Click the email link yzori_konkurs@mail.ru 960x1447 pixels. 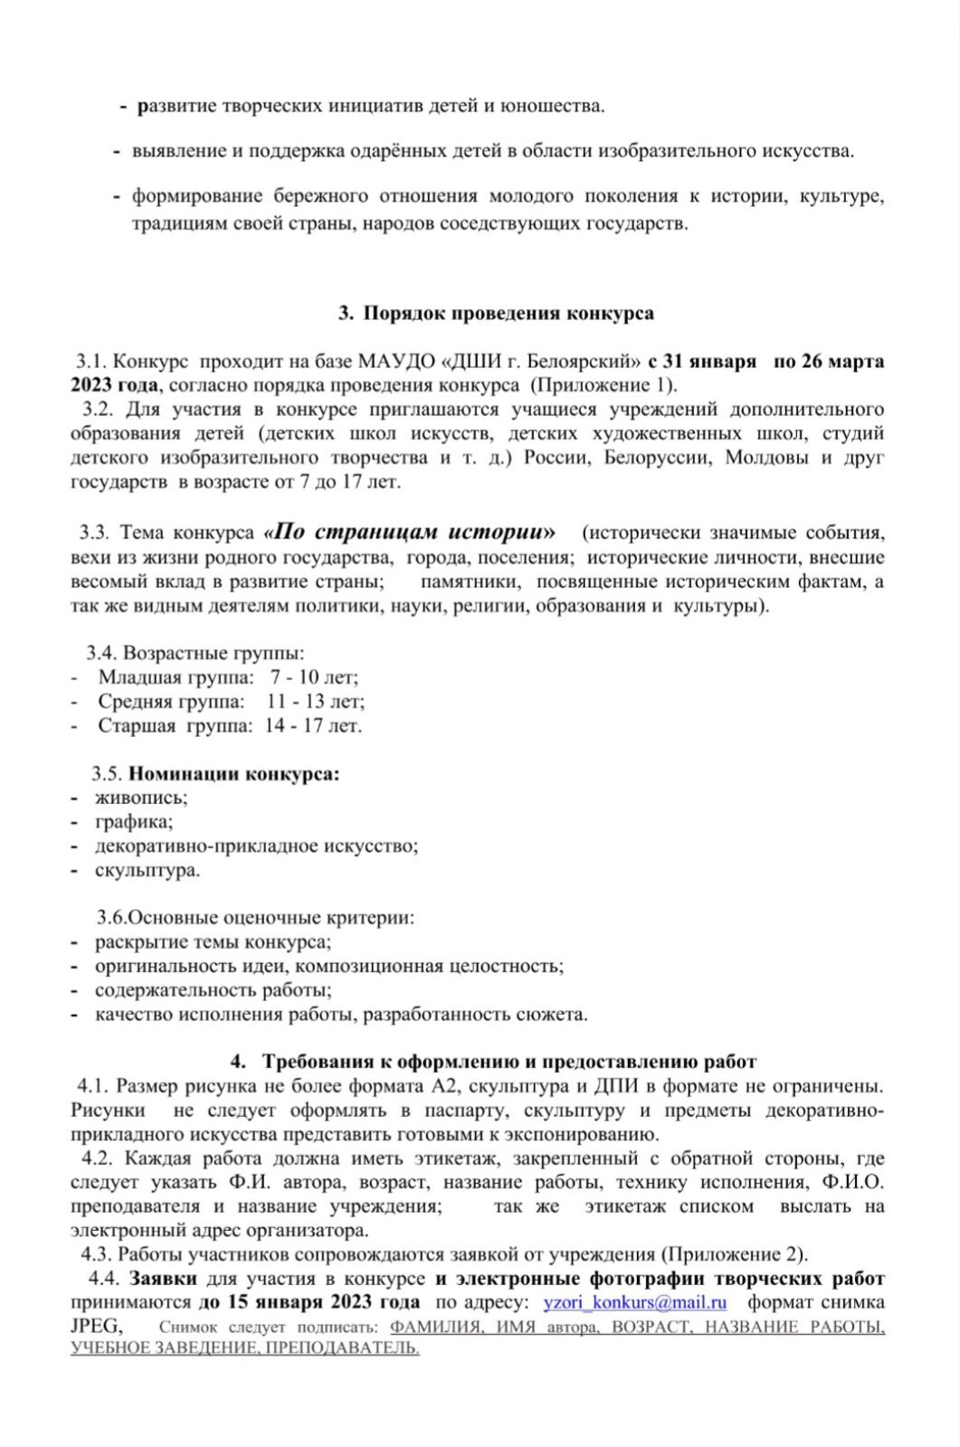coord(634,1302)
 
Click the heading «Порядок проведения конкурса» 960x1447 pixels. coord(508,313)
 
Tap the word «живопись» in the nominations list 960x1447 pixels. coord(141,798)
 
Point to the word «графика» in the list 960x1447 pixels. coord(134,821)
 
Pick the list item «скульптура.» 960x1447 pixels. coord(147,870)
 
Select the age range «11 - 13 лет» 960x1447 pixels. coord(316,701)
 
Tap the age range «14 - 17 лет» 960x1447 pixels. coord(313,725)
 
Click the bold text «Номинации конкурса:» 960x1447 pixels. coord(234,773)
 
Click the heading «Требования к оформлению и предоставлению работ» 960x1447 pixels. coord(509,1062)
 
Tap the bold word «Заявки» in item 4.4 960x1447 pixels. coord(163,1279)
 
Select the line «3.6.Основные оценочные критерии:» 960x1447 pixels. coord(256,918)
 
